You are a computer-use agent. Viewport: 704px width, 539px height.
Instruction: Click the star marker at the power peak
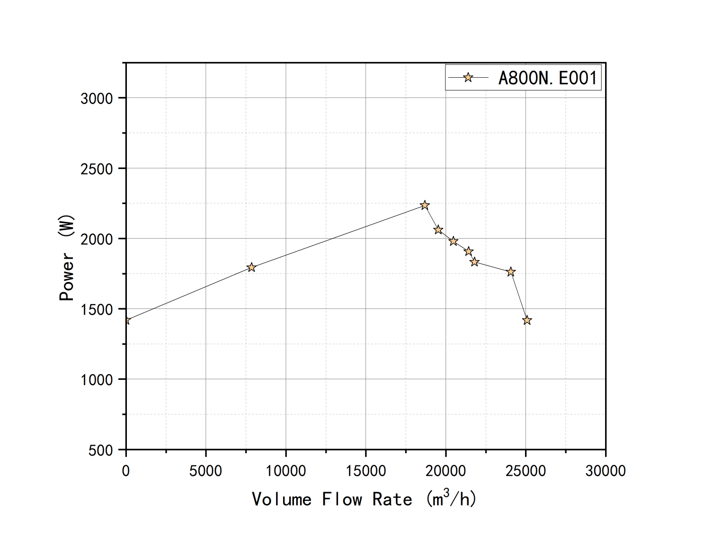[425, 205]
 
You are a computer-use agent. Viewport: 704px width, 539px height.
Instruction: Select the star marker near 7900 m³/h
[251, 268]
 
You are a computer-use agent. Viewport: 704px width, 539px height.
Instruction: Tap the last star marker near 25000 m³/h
[527, 321]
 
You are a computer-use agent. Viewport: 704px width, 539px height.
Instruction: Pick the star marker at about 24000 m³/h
[511, 272]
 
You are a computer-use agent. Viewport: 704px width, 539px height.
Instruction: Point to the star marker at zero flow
[126, 321]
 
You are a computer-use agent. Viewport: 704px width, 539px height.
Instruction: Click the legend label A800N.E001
[547, 78]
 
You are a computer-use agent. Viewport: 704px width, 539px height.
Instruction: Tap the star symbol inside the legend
[468, 78]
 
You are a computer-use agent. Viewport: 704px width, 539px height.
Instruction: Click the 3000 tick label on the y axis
[97, 99]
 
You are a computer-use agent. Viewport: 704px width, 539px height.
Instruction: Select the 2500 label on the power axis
[97, 169]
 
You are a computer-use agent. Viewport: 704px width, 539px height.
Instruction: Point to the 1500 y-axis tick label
[97, 310]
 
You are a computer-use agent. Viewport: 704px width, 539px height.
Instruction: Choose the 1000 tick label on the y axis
[97, 380]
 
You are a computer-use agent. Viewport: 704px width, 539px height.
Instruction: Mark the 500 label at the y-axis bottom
[100, 450]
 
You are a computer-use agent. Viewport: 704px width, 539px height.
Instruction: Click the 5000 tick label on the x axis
[205, 471]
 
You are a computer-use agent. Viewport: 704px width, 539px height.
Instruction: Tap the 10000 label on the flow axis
[285, 471]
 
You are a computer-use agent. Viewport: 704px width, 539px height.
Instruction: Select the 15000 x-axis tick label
[365, 471]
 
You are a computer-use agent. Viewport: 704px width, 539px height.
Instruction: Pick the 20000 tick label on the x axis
[446, 471]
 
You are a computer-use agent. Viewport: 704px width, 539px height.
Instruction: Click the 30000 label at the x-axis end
[606, 471]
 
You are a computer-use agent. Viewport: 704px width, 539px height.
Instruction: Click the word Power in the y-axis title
[67, 277]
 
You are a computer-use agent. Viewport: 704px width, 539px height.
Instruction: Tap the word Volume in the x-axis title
[281, 499]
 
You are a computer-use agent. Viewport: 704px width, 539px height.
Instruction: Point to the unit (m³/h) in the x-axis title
[451, 498]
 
